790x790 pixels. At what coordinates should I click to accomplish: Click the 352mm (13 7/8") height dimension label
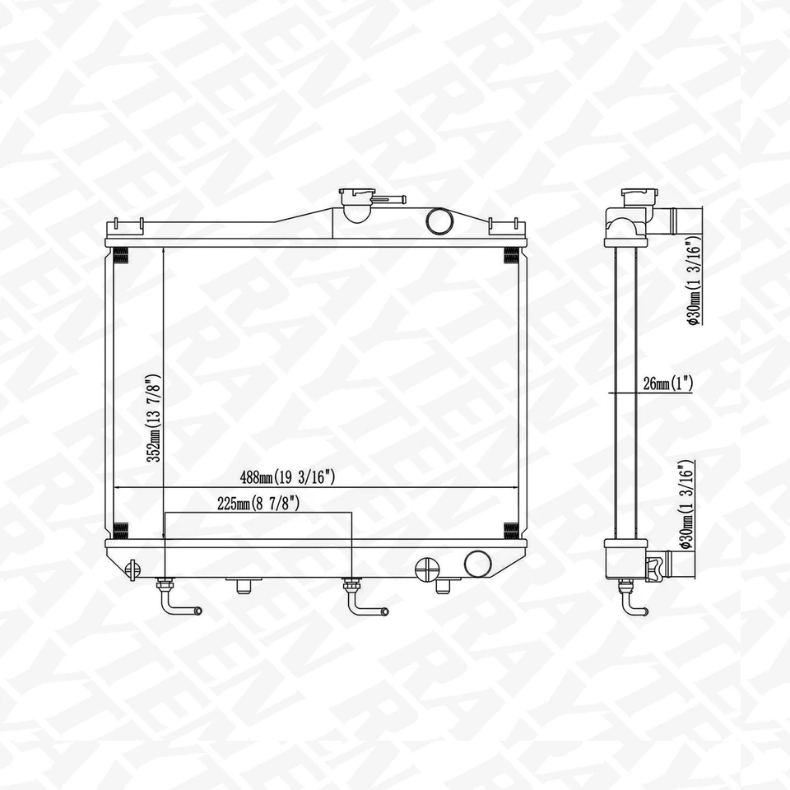(152, 419)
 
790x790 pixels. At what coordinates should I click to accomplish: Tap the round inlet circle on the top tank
(439, 221)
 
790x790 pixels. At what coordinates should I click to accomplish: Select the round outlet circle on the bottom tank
(477, 564)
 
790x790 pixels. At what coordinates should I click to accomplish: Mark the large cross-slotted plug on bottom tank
(428, 569)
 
